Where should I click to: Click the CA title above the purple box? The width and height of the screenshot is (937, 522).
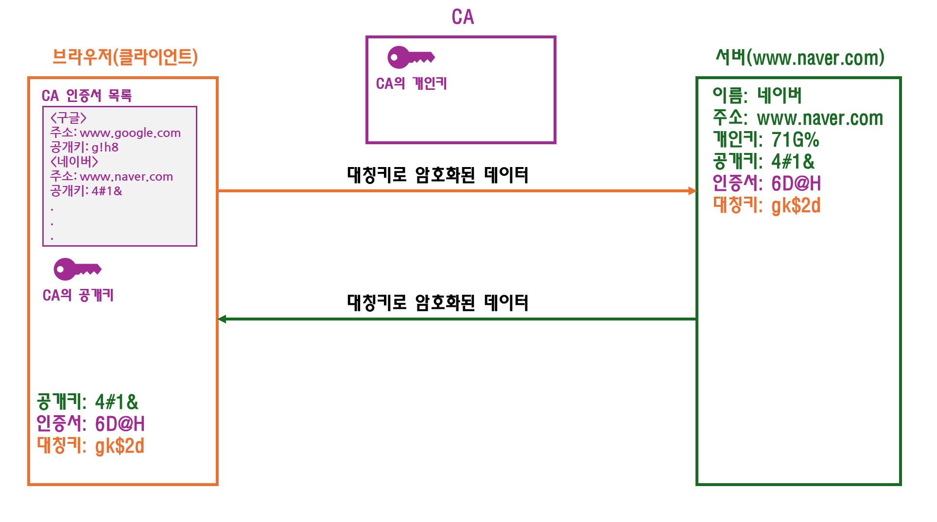pyautogui.click(x=462, y=17)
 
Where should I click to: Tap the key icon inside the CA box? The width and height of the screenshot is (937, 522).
pyautogui.click(x=411, y=57)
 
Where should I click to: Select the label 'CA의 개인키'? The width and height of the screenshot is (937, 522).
pyautogui.click(x=411, y=84)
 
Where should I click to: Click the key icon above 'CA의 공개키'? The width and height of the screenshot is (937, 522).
pyautogui.click(x=77, y=269)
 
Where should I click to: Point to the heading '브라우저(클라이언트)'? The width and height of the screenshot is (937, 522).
pyautogui.click(x=125, y=57)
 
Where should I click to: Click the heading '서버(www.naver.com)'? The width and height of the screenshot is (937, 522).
pyautogui.click(x=799, y=58)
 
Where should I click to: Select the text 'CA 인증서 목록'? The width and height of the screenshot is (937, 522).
pyautogui.click(x=87, y=95)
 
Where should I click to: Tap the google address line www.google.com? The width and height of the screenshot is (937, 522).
pyautogui.click(x=130, y=133)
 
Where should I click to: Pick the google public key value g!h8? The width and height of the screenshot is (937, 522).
pyautogui.click(x=105, y=147)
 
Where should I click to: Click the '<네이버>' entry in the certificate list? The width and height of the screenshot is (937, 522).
pyautogui.click(x=74, y=161)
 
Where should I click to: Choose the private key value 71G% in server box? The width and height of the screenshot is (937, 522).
pyautogui.click(x=795, y=140)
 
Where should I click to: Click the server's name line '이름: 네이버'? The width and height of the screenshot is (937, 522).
pyautogui.click(x=757, y=95)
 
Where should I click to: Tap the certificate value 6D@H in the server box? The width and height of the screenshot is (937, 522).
pyautogui.click(x=796, y=184)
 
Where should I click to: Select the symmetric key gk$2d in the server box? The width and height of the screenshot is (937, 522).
pyautogui.click(x=796, y=205)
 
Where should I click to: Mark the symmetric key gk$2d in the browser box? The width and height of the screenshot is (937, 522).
pyautogui.click(x=120, y=446)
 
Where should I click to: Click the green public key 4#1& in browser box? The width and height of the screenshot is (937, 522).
pyautogui.click(x=117, y=402)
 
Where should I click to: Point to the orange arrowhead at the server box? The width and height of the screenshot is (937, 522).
pyautogui.click(x=692, y=191)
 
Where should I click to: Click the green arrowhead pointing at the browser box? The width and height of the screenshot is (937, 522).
pyautogui.click(x=223, y=319)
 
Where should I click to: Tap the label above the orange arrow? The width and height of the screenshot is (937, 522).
pyautogui.click(x=437, y=175)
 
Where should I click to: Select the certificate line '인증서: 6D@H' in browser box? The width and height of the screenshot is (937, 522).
pyautogui.click(x=90, y=424)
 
